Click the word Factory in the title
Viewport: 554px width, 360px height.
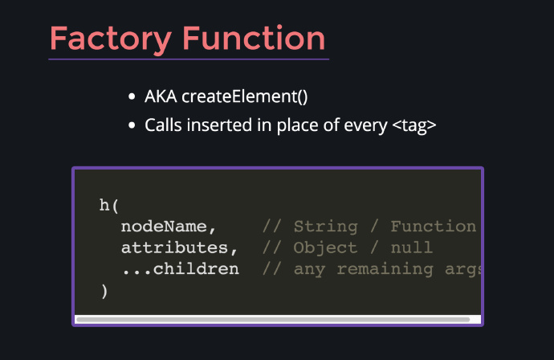click(111, 39)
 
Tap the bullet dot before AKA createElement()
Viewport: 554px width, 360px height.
click(132, 96)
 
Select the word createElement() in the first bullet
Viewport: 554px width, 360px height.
click(245, 96)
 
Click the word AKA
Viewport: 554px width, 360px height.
click(161, 96)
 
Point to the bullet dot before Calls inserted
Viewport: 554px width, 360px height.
click(132, 125)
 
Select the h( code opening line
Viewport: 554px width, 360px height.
click(109, 205)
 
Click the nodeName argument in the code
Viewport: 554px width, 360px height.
click(169, 227)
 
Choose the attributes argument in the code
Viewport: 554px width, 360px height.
click(180, 247)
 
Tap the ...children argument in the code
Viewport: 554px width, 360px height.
click(180, 269)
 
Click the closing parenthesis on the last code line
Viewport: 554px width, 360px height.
click(104, 292)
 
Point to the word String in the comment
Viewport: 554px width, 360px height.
click(325, 227)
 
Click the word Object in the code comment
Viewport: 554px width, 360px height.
click(325, 247)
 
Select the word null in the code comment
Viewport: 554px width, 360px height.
click(412, 247)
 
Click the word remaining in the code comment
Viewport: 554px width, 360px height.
click(385, 269)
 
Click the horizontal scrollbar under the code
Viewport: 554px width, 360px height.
click(273, 320)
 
